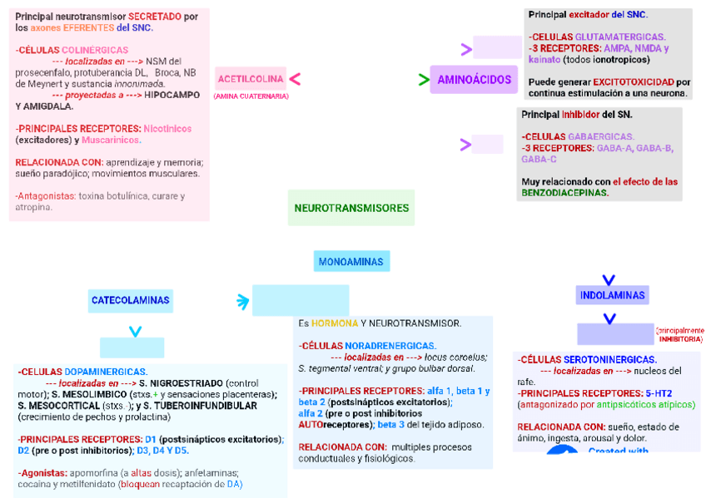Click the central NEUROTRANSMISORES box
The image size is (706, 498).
pos(351,208)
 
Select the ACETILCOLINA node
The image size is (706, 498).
pos(250,79)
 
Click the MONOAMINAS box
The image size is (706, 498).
pos(351,262)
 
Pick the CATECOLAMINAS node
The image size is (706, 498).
pos(130,300)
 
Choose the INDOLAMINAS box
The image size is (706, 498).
pos(612,295)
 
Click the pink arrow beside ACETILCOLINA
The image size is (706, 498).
pos(295,79)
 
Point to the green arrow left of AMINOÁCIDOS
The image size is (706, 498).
pos(424,80)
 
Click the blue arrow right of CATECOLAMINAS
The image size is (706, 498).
pos(242,301)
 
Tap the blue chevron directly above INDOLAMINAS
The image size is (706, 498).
pos(609,280)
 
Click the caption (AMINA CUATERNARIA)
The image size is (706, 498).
pos(251,96)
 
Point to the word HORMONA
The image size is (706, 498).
pos(335,323)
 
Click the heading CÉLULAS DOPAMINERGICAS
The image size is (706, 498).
pos(83,372)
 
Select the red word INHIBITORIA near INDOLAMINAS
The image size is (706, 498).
pos(681,339)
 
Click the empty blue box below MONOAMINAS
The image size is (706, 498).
pos(301,300)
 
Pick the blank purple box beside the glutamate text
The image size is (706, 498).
pos(497,47)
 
